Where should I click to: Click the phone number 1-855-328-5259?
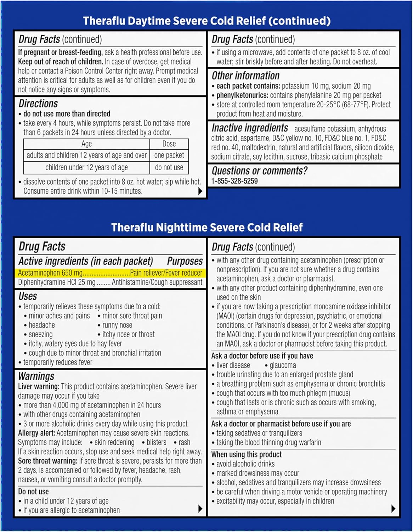[x=234, y=181]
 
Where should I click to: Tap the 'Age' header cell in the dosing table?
[x=86, y=144]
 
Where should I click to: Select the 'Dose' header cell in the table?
[x=169, y=144]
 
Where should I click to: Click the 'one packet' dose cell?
[x=169, y=155]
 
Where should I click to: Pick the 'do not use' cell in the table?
[x=169, y=167]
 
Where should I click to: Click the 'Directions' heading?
[x=38, y=104]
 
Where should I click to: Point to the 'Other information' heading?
[x=245, y=76]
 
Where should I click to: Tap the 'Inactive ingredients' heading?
[x=250, y=128]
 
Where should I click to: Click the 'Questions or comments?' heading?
[x=259, y=171]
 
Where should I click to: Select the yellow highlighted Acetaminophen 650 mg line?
[x=110, y=273]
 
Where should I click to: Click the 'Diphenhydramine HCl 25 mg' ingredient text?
[x=57, y=282]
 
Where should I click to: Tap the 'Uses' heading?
[x=28, y=296]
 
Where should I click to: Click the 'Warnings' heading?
[x=36, y=376]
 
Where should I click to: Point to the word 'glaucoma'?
[x=283, y=365]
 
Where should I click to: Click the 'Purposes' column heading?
[x=185, y=261]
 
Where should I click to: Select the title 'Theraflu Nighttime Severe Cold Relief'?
[x=207, y=227]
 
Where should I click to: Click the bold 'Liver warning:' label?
[x=39, y=387]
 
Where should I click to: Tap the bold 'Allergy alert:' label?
[x=36, y=433]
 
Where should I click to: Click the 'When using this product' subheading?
[x=247, y=454]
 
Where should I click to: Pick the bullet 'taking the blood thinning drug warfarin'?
[x=268, y=442]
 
